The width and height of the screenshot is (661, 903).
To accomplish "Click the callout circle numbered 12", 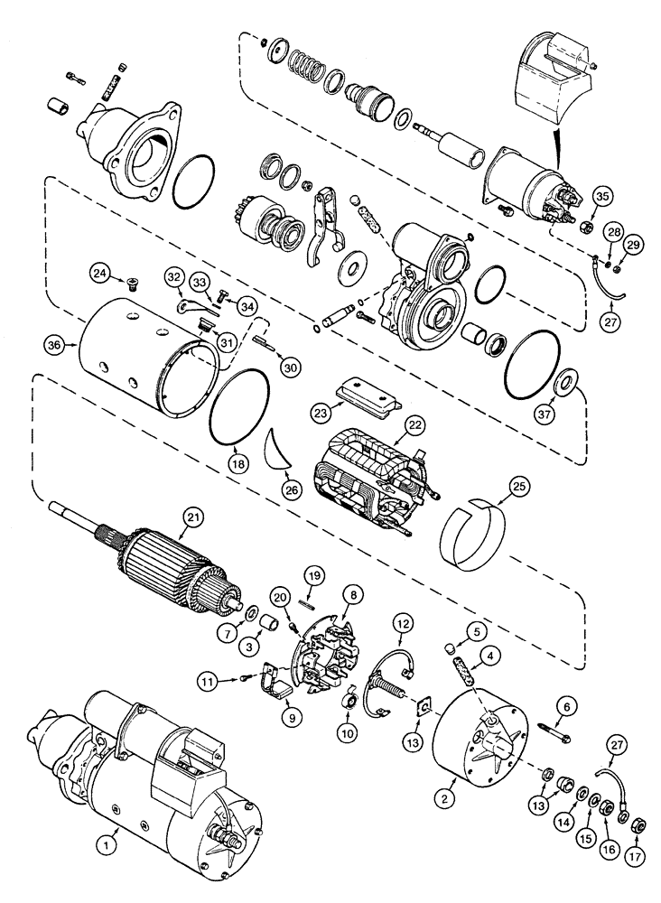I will click(402, 622).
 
